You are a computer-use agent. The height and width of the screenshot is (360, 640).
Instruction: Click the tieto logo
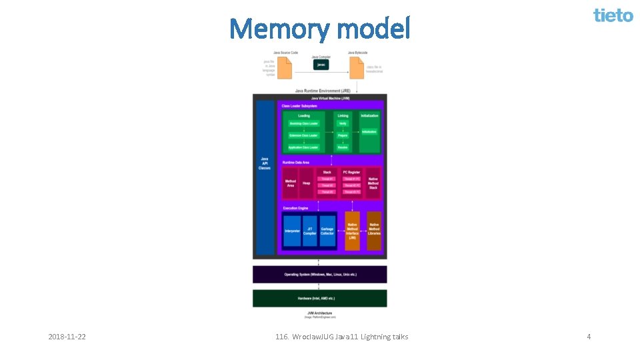click(x=613, y=15)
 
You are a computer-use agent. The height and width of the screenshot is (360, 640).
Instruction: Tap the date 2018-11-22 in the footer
click(x=67, y=337)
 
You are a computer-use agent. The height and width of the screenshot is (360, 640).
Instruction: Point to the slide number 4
click(x=589, y=337)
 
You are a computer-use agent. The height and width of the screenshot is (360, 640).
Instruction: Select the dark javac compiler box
click(x=321, y=65)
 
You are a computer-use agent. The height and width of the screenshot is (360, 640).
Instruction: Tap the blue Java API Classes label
click(x=265, y=163)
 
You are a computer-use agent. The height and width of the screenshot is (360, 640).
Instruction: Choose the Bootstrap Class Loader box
click(x=303, y=123)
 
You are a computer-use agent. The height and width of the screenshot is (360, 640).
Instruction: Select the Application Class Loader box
click(x=303, y=147)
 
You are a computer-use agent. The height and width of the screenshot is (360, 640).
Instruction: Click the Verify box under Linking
click(x=342, y=123)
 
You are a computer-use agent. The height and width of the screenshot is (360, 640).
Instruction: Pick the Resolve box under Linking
click(x=342, y=147)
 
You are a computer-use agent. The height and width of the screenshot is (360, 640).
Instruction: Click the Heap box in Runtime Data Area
click(x=307, y=183)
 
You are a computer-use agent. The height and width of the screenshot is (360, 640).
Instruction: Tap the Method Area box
click(x=291, y=183)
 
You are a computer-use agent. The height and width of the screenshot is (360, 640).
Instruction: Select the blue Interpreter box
click(x=292, y=231)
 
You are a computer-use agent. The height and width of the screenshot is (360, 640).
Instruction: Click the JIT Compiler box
click(x=310, y=231)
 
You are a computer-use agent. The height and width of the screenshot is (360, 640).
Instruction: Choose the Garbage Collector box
click(x=327, y=231)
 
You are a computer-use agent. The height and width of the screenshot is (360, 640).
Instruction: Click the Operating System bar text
click(x=319, y=274)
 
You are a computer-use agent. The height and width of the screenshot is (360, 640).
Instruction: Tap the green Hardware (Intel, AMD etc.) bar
click(x=319, y=298)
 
